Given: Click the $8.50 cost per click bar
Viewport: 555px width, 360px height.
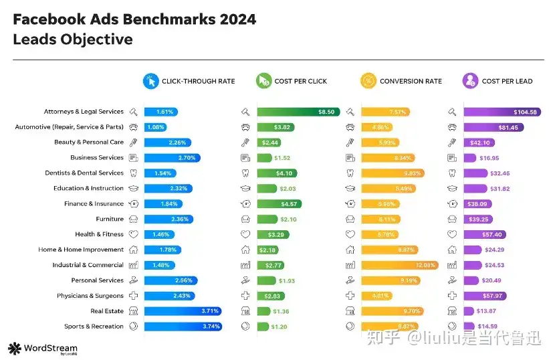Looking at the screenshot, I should click(298, 112).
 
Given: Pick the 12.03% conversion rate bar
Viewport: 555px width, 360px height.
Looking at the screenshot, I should click(400, 265).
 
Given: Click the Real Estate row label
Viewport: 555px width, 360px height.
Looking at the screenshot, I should click(107, 311).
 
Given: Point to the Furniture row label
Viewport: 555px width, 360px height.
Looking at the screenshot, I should click(110, 219).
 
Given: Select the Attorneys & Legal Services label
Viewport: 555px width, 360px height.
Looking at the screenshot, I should click(84, 112).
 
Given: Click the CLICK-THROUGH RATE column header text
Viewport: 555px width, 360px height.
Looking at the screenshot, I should click(199, 81).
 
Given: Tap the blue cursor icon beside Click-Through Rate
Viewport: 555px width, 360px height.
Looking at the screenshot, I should click(150, 81).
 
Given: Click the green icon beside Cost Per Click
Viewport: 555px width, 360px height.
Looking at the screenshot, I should click(263, 81).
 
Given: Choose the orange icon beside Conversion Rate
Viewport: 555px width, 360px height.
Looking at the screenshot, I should click(368, 81).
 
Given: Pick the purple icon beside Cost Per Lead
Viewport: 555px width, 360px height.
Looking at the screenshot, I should click(470, 81).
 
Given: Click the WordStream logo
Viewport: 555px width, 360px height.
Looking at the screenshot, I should click(43, 349).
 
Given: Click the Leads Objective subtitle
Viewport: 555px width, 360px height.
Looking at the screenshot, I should click(72, 39).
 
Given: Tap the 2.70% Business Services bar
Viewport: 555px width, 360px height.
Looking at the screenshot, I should click(172, 158).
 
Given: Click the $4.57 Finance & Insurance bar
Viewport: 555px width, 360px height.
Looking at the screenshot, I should click(280, 204).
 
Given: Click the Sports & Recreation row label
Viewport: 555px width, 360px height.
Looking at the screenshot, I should click(94, 327).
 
